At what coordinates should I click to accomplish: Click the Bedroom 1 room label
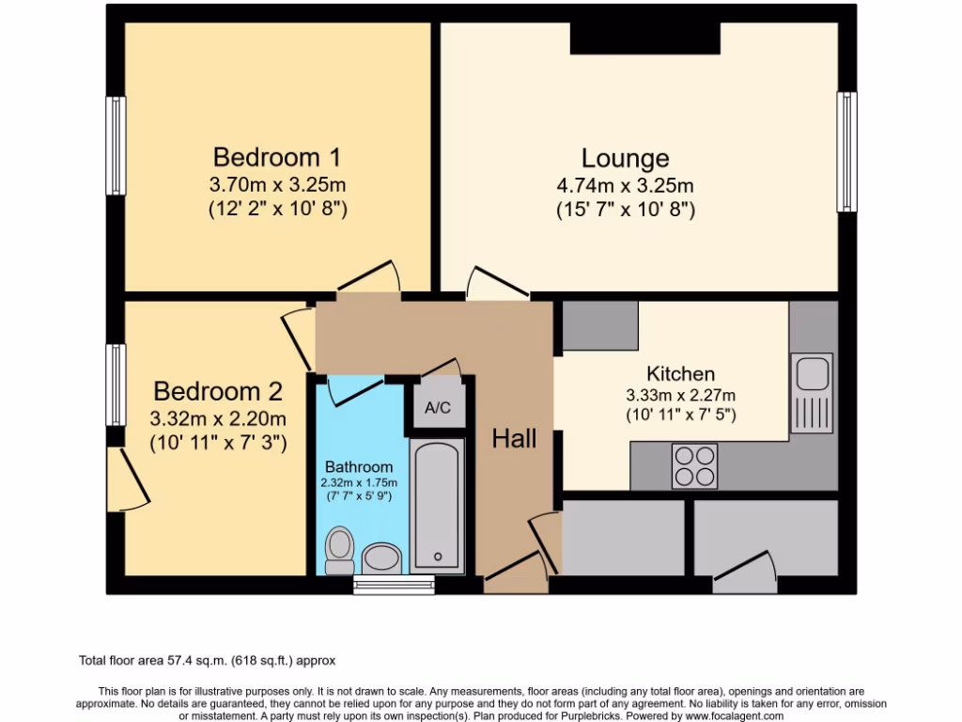click(276, 156)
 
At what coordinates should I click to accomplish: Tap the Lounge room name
click(625, 158)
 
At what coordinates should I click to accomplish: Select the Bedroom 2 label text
click(218, 391)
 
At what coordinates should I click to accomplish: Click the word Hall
click(515, 438)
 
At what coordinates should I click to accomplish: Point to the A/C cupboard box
click(438, 408)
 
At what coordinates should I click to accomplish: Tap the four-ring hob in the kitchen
click(694, 465)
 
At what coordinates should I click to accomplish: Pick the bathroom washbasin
click(382, 558)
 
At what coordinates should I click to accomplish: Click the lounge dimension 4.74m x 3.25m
click(625, 185)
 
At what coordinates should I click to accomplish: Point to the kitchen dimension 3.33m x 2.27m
click(680, 395)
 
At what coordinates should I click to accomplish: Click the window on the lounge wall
click(847, 151)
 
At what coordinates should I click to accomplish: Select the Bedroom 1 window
click(116, 146)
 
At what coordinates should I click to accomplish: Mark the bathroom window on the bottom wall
click(394, 586)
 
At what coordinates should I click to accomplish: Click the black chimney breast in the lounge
click(645, 38)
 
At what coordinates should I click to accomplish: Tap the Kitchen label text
click(680, 374)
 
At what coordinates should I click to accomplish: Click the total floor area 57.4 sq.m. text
click(207, 661)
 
